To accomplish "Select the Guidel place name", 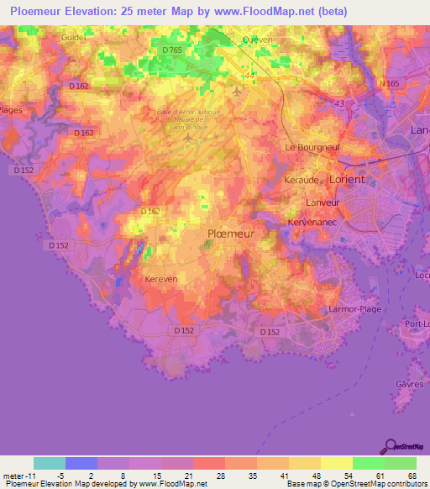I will coord(74,39).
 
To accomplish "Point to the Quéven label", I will coord(257,39).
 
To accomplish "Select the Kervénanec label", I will coord(312,221).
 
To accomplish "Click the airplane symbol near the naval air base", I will coord(239,91).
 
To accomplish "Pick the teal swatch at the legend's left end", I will coord(50,463).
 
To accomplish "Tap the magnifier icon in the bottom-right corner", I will coord(390,445).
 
